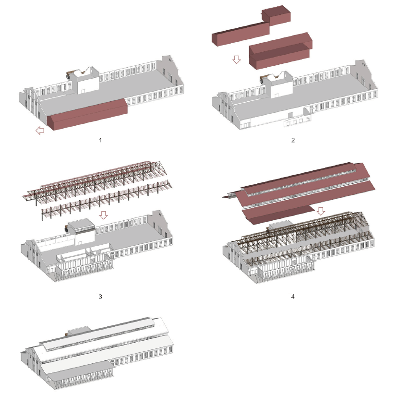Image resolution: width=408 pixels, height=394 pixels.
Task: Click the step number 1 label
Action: [x=100, y=140]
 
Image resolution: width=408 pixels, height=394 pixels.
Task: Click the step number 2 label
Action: [x=293, y=140]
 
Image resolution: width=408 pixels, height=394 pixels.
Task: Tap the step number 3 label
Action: [x=100, y=297]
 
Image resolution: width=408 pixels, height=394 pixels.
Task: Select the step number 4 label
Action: [x=293, y=297]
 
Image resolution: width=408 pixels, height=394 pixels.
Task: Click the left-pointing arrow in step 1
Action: [x=40, y=130]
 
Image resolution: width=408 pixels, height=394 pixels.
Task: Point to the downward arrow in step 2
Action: [x=237, y=60]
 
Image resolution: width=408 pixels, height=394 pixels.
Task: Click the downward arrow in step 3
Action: [x=104, y=215]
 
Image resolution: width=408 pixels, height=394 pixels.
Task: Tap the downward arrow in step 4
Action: [x=321, y=211]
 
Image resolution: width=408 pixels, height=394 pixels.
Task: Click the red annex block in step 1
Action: [x=87, y=114]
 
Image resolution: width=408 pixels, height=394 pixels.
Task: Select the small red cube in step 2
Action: [x=276, y=16]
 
